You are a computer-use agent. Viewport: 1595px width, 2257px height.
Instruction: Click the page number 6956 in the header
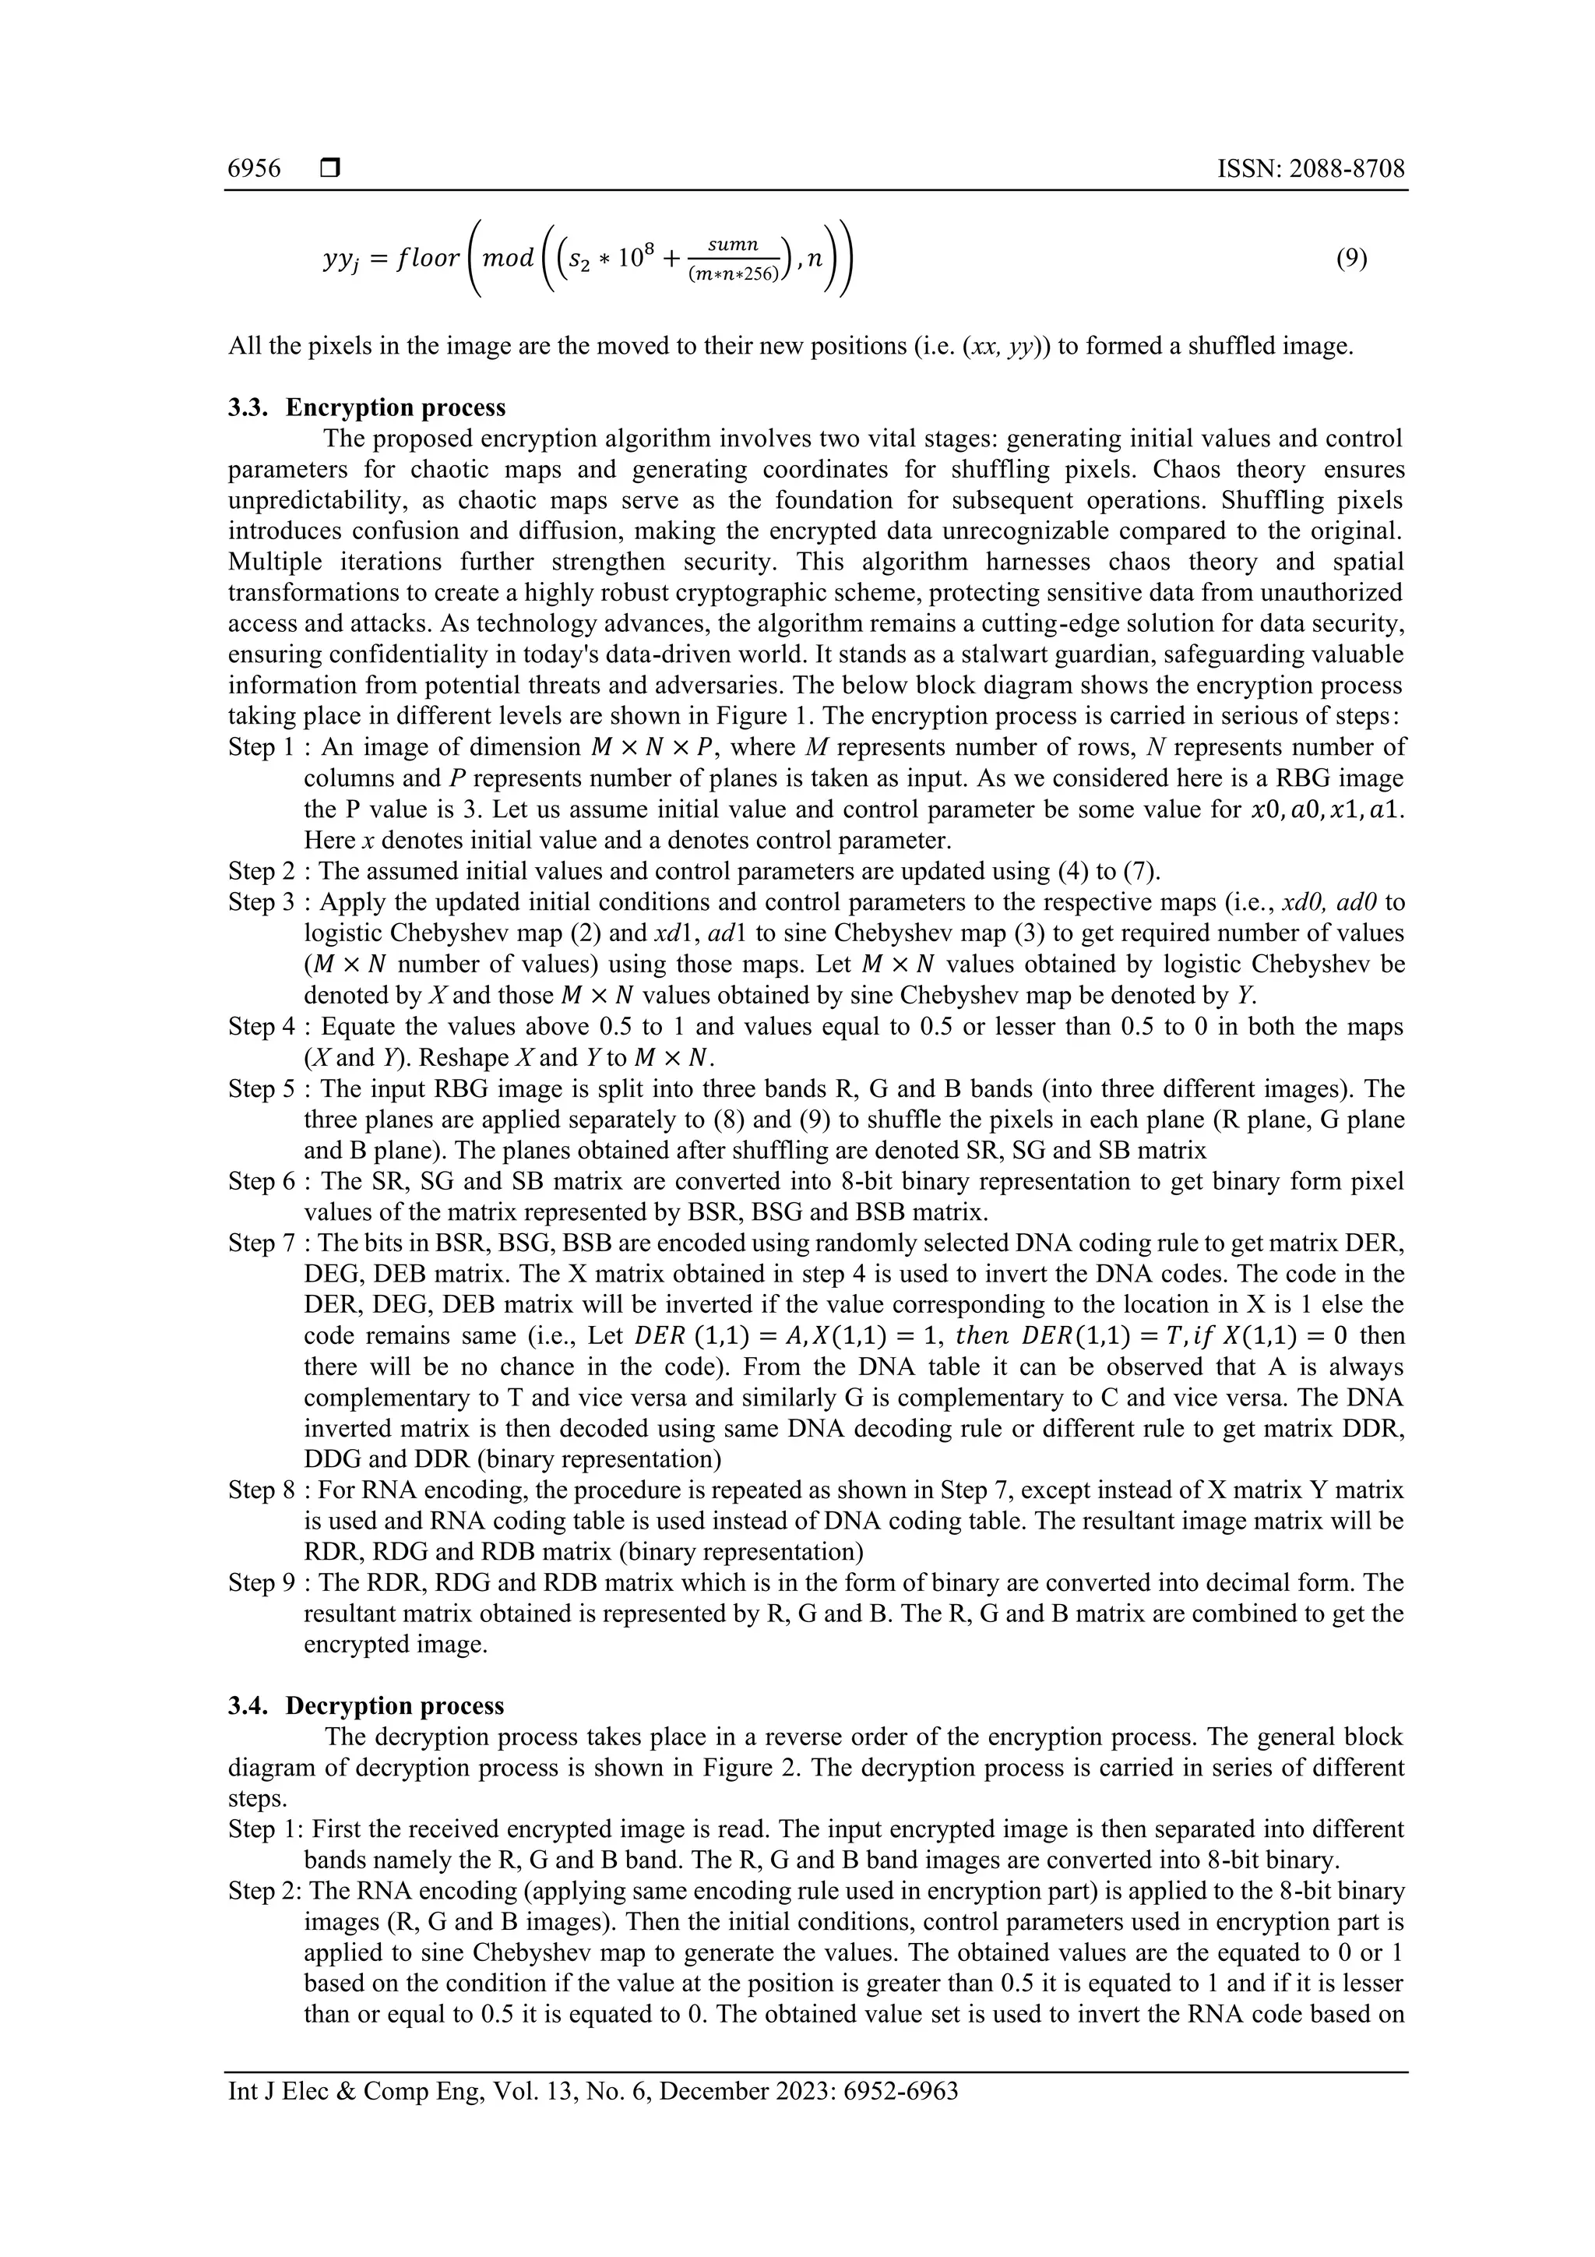[254, 169]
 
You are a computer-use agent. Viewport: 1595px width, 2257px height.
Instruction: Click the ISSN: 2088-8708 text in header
[1311, 169]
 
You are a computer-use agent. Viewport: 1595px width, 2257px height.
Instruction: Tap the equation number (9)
[1351, 259]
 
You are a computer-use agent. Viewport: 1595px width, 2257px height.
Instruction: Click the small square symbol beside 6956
[329, 169]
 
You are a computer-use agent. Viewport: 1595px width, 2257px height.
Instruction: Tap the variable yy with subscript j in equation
[337, 260]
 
